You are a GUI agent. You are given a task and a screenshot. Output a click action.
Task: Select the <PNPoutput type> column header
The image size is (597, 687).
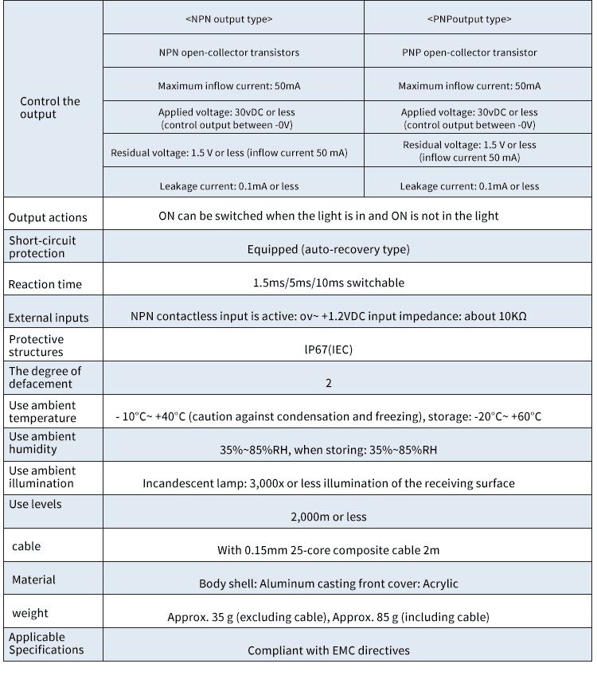469,19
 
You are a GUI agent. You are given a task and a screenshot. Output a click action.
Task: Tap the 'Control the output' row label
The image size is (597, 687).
50,107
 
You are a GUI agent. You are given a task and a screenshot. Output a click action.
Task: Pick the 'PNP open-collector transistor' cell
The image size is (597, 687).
469,53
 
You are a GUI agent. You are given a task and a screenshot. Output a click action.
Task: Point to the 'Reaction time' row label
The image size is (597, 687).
45,284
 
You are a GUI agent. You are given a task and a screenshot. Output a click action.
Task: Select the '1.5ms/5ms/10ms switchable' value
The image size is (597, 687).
328,283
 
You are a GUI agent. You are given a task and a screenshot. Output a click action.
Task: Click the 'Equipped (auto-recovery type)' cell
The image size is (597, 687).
328,249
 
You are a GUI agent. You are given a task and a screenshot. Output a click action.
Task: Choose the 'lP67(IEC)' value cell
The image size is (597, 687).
328,348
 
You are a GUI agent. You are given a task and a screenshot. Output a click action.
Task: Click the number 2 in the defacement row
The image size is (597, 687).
328,383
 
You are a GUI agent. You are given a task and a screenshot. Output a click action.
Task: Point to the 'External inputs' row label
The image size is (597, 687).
49,318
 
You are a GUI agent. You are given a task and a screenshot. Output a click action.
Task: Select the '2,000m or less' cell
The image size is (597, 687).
328,517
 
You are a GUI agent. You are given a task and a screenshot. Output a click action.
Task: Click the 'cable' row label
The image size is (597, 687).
26,546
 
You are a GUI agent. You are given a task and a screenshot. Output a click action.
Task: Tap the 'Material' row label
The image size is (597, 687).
33,580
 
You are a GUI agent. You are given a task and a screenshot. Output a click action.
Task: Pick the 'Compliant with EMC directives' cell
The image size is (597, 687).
328,650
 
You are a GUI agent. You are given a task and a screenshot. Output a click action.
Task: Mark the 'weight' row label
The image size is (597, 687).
29,613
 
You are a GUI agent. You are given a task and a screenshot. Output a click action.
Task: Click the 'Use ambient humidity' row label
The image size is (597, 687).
42,443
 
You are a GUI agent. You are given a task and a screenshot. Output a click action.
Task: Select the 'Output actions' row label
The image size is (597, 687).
48,217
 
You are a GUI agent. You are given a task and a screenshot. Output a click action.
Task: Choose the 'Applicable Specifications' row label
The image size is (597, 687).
46,643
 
